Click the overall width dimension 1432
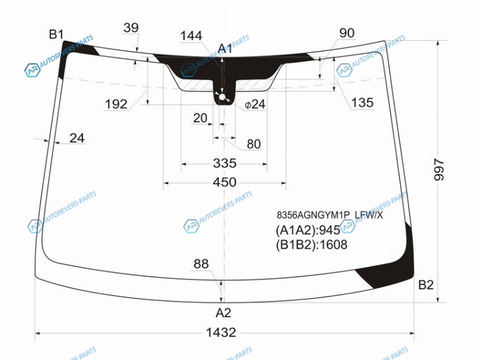point(221,332)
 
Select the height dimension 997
point(439,170)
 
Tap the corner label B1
point(56,34)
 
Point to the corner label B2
point(426,285)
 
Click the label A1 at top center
point(225,49)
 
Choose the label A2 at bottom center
point(223,313)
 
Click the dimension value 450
point(224,182)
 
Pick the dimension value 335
point(224,163)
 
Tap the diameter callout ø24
point(254,104)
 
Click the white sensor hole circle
point(222,97)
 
